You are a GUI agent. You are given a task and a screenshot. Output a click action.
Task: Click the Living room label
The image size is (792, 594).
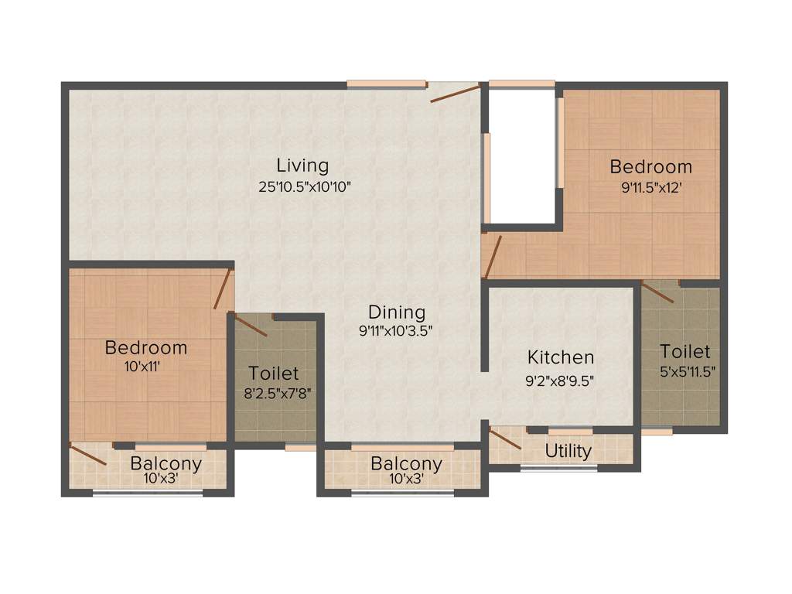[x=302, y=165]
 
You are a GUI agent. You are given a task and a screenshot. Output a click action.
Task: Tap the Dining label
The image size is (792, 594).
[x=397, y=312]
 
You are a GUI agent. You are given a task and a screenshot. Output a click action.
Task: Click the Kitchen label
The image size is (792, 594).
[x=561, y=357]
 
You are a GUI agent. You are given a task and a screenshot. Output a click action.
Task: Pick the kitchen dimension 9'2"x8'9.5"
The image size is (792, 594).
[x=561, y=380]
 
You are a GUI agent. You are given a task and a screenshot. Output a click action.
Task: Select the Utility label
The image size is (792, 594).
[x=568, y=451]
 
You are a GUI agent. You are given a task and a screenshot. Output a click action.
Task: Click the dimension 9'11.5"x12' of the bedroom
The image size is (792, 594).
[x=650, y=187]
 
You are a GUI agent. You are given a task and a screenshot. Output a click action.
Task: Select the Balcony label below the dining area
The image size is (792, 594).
[x=406, y=464]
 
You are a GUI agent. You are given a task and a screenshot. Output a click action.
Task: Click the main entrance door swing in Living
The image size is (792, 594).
[x=455, y=93]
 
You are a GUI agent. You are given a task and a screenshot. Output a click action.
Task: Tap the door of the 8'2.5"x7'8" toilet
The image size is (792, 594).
[x=251, y=325]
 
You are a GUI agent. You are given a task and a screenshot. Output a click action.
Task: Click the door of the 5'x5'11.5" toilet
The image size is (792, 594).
[x=657, y=292]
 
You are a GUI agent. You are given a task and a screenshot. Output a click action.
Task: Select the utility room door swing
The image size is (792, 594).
[x=505, y=439]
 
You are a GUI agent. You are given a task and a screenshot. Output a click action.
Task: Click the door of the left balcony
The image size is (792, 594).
[x=87, y=455]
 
